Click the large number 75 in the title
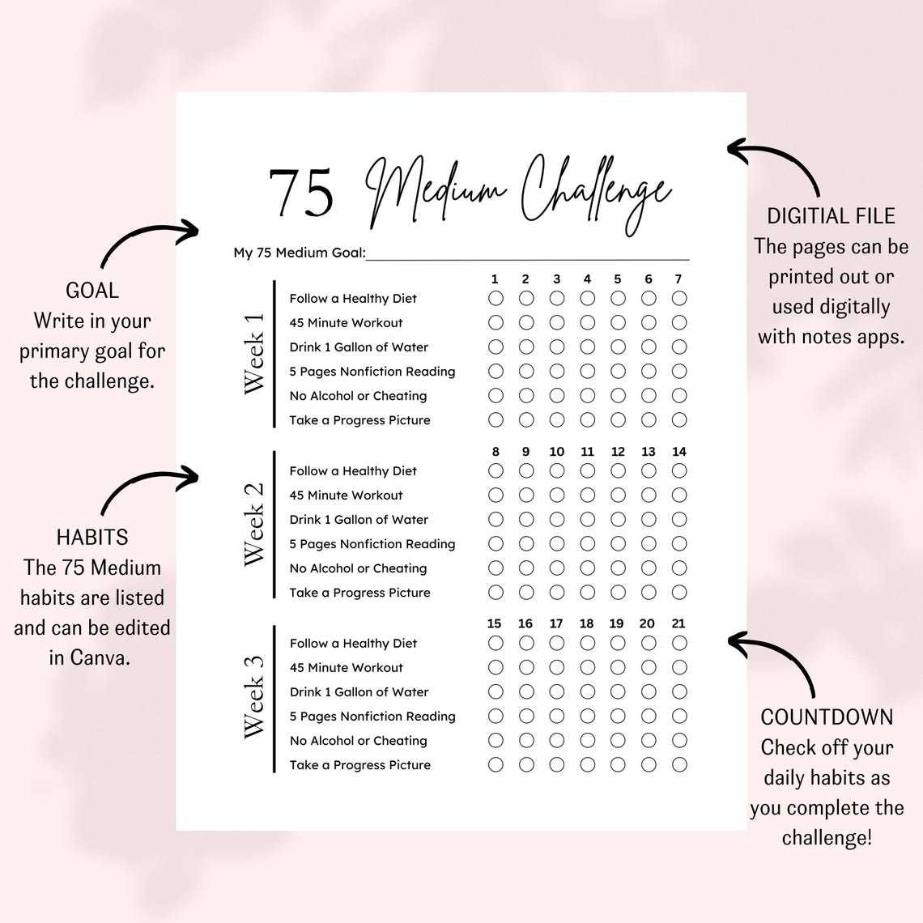(301, 194)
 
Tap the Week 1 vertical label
(254, 353)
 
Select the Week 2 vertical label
(254, 524)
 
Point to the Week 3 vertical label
(254, 696)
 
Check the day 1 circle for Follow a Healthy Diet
(496, 298)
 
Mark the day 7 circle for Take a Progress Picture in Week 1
(679, 419)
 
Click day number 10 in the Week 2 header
(557, 452)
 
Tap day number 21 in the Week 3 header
(678, 623)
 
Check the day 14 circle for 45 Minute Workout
(679, 495)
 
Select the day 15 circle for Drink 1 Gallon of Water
(496, 691)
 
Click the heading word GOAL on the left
(92, 291)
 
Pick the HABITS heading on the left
(92, 538)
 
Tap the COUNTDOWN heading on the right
(827, 717)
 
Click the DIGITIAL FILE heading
(831, 216)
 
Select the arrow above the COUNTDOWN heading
(773, 660)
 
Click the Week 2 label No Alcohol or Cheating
(358, 568)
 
